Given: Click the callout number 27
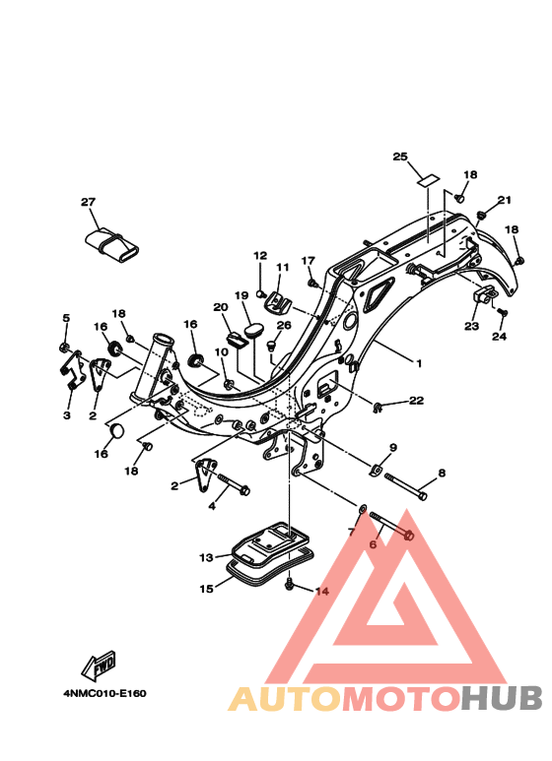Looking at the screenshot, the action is point(89,202).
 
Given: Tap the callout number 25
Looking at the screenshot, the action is point(400,157).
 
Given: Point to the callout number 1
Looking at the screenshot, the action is point(419,363).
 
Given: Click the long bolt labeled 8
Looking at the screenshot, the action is point(406,486).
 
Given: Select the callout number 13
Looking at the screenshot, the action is point(206,557).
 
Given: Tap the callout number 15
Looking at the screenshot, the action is point(206,589).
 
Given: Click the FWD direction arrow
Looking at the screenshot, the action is point(100,665).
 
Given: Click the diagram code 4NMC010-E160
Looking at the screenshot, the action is point(104,693).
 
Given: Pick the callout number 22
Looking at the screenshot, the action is point(416,401).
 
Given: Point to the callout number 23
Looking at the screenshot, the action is point(471,326).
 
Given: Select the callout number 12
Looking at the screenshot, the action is point(260,255).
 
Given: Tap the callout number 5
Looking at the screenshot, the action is point(66,318).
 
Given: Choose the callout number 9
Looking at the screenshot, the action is point(393,448).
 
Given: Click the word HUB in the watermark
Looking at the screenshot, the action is point(502,699).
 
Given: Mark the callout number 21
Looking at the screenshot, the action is point(505,200).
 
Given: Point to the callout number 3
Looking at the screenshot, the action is point(67,415).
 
